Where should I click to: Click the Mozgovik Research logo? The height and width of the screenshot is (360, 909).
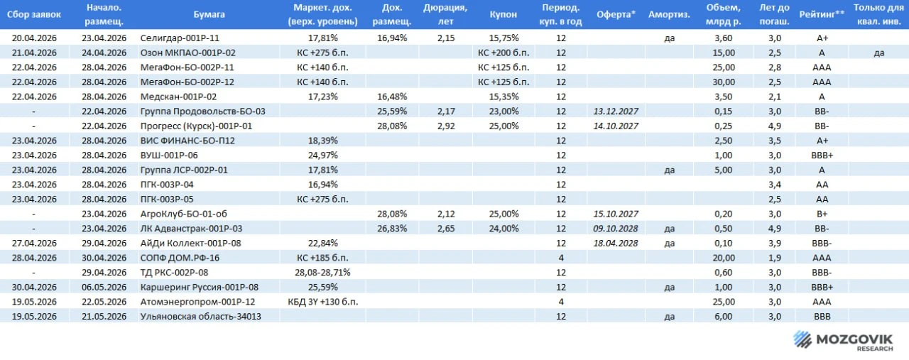pyautogui.click(x=843, y=341)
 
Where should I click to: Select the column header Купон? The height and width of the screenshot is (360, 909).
pyautogui.click(x=504, y=15)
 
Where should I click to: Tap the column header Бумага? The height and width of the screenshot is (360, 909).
pyautogui.click(x=209, y=15)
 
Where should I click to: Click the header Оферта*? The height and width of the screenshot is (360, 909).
pyautogui.click(x=616, y=15)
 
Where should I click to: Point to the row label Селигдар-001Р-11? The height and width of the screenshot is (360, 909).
pyautogui.click(x=180, y=38)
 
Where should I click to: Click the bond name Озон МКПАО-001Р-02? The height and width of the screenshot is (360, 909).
pyautogui.click(x=188, y=53)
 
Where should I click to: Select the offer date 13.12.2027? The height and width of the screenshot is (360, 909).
pyautogui.click(x=616, y=111)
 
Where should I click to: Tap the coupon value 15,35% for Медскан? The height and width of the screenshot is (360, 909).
pyautogui.click(x=504, y=97)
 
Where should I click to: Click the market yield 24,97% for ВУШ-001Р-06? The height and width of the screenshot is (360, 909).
pyautogui.click(x=322, y=155)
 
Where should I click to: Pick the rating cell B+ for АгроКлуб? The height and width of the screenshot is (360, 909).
pyautogui.click(x=822, y=214)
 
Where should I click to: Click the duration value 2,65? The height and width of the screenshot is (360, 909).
pyautogui.click(x=446, y=229)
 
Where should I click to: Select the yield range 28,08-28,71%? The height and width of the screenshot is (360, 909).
pyautogui.click(x=322, y=273)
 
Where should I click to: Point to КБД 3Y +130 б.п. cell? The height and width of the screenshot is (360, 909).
pyautogui.click(x=322, y=302)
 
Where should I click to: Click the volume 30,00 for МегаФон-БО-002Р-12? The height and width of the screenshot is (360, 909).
pyautogui.click(x=724, y=82)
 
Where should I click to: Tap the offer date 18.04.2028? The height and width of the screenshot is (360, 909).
pyautogui.click(x=616, y=243)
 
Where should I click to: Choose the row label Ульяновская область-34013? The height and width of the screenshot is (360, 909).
pyautogui.click(x=201, y=316)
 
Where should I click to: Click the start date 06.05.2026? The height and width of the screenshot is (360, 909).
pyautogui.click(x=104, y=287)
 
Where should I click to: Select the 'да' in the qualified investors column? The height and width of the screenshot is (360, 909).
pyautogui.click(x=879, y=53)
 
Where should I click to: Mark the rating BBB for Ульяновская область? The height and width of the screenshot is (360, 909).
pyautogui.click(x=822, y=316)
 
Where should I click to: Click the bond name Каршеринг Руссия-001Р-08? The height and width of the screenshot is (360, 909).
pyautogui.click(x=200, y=287)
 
